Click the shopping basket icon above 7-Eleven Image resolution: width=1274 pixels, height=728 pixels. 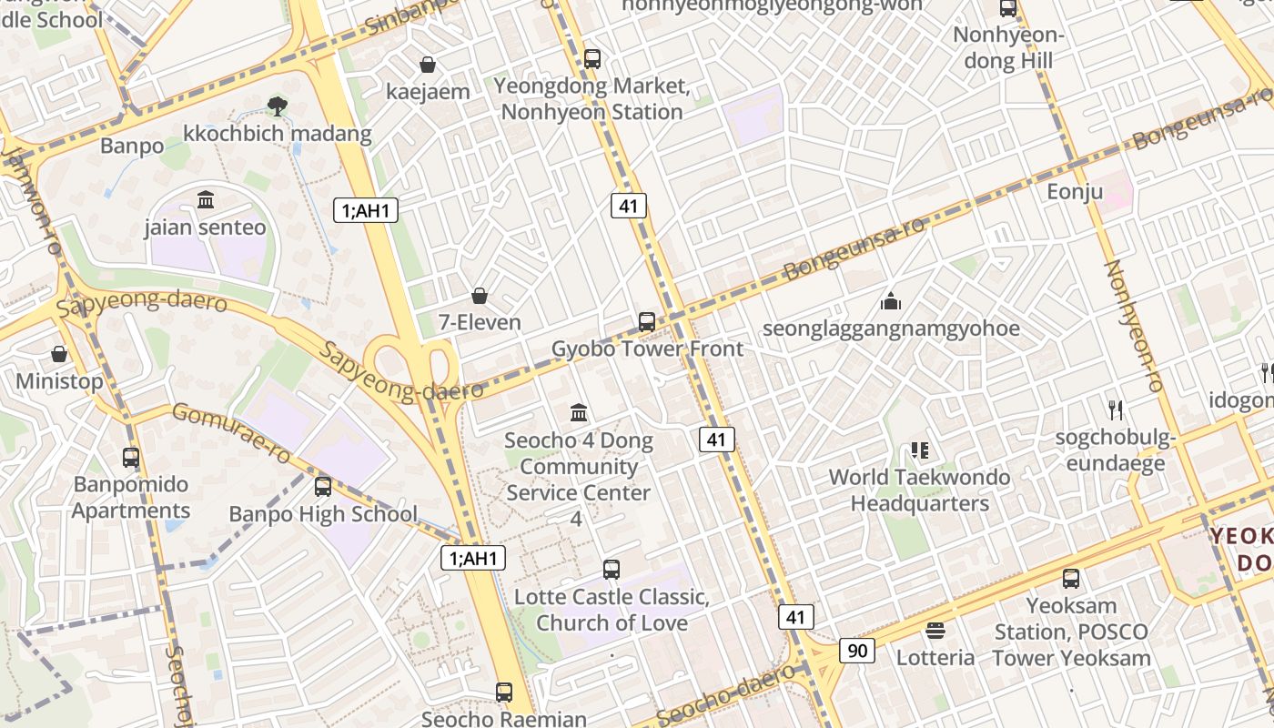click(480, 296)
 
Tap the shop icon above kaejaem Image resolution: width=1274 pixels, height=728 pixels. click(428, 65)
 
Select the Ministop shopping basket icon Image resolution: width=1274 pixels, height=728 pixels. click(59, 354)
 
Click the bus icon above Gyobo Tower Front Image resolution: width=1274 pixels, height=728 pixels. click(647, 321)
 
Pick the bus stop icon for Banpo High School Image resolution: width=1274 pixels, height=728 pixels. click(323, 487)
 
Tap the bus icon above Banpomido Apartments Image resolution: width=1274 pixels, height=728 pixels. click(131, 458)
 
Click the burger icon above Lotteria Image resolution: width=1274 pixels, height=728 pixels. click(935, 631)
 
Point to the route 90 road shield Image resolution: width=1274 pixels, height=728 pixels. click(857, 651)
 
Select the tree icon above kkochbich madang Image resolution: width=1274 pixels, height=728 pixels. click(278, 106)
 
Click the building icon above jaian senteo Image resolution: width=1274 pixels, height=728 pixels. click(206, 199)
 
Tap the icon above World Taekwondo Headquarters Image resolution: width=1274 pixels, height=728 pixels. click(919, 450)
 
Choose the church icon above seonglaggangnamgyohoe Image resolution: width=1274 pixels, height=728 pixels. click(890, 301)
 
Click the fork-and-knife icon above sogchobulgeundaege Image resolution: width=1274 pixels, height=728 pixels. click(1116, 410)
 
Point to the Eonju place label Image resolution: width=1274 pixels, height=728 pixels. click(1075, 192)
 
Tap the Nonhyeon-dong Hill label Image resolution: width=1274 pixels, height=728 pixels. click(1008, 48)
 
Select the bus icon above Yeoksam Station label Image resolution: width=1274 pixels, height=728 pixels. click(1071, 578)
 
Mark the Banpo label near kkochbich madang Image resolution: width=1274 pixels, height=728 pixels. click(132, 146)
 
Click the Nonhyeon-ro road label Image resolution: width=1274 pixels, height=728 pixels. click(1134, 326)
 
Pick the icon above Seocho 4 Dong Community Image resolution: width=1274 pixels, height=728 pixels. click(579, 413)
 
